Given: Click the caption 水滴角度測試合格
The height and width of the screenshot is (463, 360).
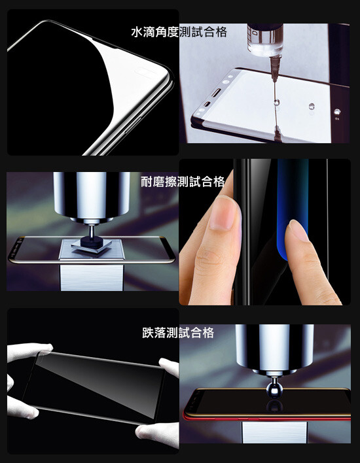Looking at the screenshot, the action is [x=179, y=32].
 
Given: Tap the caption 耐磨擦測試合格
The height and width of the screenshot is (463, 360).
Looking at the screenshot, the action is [x=183, y=181].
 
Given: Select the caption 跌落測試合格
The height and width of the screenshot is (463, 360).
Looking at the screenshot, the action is [x=178, y=332].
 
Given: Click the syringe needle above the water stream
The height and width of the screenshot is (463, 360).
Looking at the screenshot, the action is [x=274, y=69].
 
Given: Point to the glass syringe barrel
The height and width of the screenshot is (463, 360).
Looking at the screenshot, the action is [x=266, y=40].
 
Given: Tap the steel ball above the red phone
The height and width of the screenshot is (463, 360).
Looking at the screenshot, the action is [x=274, y=390].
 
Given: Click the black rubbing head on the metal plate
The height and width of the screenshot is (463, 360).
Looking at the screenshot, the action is [x=92, y=241].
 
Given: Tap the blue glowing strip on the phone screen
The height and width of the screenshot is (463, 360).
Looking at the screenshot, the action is [x=293, y=207].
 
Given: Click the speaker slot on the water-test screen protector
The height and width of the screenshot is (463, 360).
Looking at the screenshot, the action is [x=217, y=92].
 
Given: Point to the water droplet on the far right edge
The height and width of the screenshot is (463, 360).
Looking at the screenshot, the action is [x=337, y=112].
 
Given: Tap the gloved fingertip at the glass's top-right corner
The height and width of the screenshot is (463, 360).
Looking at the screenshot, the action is [x=169, y=367].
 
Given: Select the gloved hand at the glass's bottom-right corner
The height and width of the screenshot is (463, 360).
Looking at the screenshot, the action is [x=158, y=434].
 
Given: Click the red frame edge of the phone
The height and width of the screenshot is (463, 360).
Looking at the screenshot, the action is [x=266, y=417].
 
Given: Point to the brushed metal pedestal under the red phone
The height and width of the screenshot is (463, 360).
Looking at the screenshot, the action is [x=274, y=432].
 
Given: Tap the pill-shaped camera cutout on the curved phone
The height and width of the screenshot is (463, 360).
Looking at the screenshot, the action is [x=145, y=73].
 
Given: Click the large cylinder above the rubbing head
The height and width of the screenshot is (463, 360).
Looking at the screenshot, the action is [x=92, y=196].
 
